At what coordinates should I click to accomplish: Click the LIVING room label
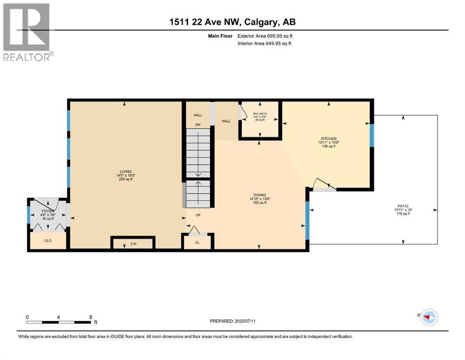(x=125, y=172)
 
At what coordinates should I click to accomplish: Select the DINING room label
(x=259, y=195)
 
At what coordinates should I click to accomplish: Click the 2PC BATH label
(x=259, y=113)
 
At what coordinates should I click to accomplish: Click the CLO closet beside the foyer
(x=48, y=240)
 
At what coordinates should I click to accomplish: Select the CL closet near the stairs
(x=198, y=243)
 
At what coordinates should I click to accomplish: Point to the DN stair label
(x=198, y=125)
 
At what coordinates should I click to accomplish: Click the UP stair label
(x=198, y=215)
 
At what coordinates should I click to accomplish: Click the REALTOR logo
(x=27, y=32)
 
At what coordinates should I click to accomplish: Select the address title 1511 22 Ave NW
(x=232, y=22)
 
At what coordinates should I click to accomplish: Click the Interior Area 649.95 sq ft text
(x=266, y=44)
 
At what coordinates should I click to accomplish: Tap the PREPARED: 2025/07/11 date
(x=232, y=321)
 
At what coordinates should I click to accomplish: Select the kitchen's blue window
(x=372, y=135)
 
